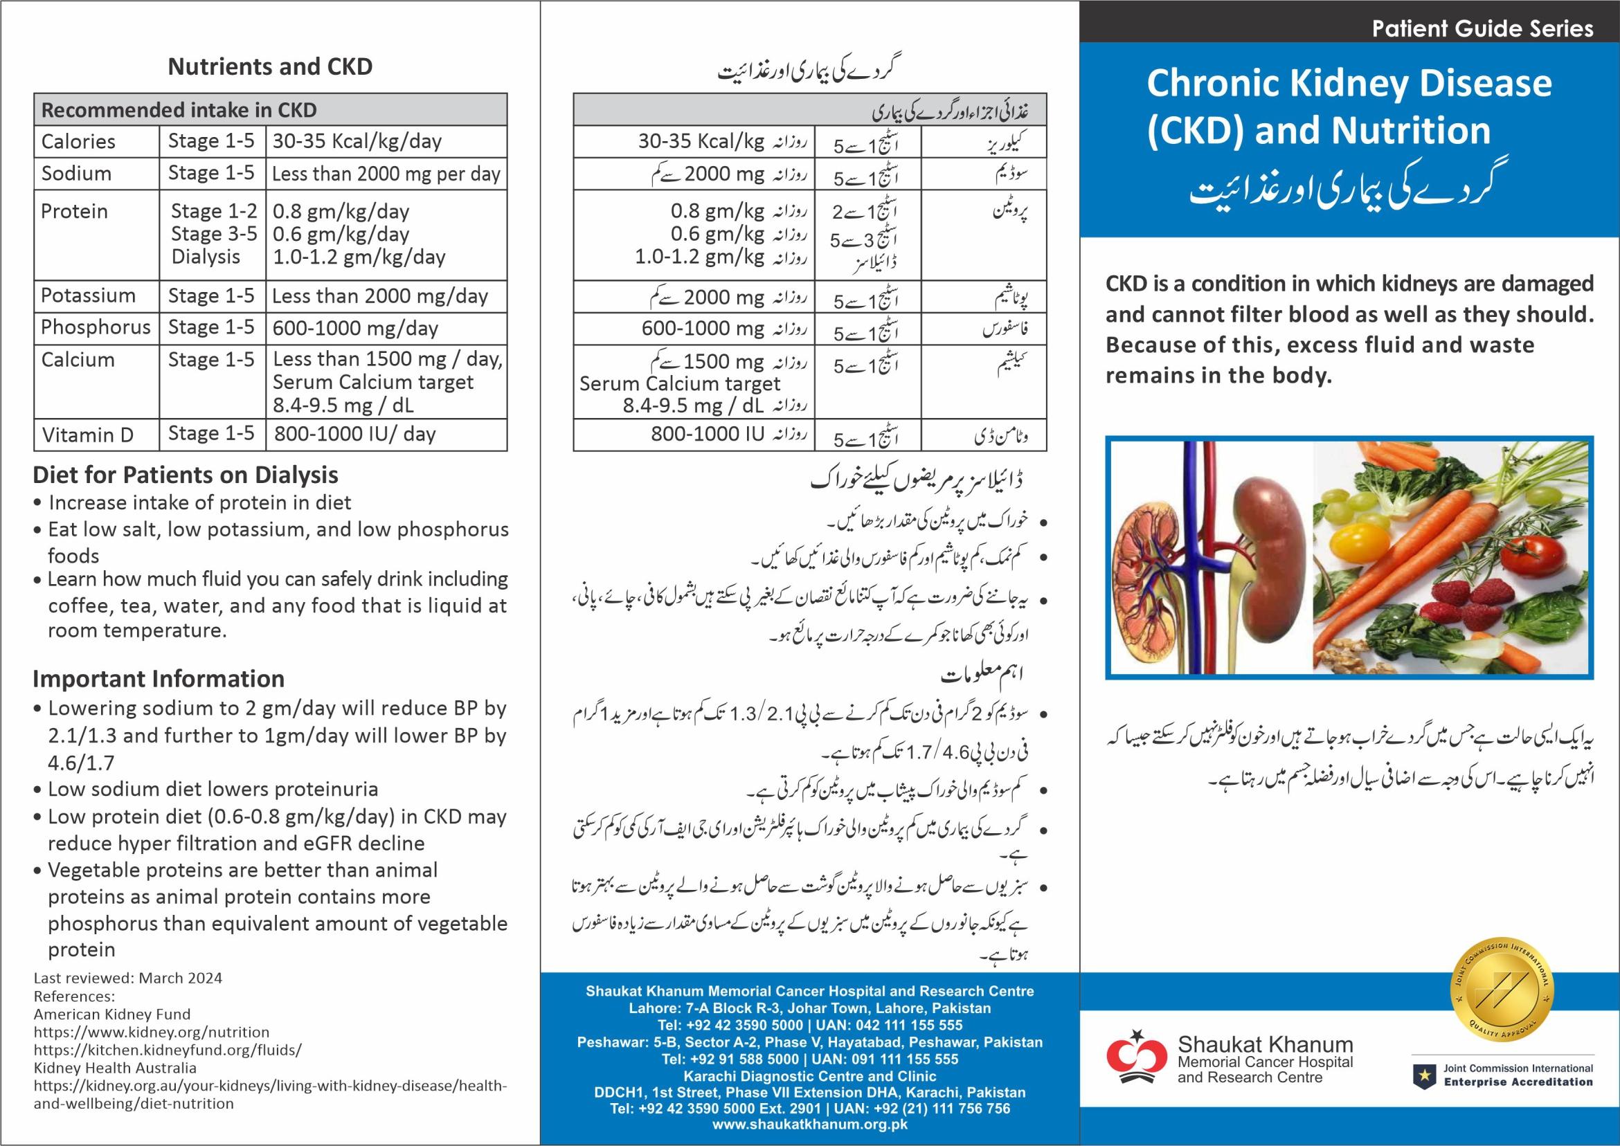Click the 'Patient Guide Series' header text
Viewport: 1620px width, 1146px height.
pyautogui.click(x=1482, y=29)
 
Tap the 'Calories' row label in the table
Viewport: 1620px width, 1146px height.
pyautogui.click(x=78, y=141)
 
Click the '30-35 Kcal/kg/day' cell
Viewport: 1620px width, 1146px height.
pyautogui.click(x=357, y=141)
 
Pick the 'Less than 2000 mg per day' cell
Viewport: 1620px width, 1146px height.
pyautogui.click(x=386, y=174)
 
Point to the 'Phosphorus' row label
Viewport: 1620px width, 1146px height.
pyautogui.click(x=96, y=327)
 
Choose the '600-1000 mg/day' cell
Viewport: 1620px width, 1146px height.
pyautogui.click(x=355, y=328)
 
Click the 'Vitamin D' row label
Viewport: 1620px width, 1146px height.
pyautogui.click(x=87, y=435)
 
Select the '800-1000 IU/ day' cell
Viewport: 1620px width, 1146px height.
pyautogui.click(x=354, y=434)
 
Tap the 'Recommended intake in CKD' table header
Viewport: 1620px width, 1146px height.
pyautogui.click(x=179, y=110)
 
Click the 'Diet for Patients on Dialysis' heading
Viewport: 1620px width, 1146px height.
pyautogui.click(x=186, y=475)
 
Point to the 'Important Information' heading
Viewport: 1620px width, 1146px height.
pyautogui.click(x=159, y=679)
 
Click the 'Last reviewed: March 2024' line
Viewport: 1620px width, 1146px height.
pyautogui.click(x=128, y=978)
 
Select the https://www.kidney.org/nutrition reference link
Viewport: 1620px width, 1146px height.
pyautogui.click(x=152, y=1032)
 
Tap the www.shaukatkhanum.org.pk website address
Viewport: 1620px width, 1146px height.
pyautogui.click(x=809, y=1124)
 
